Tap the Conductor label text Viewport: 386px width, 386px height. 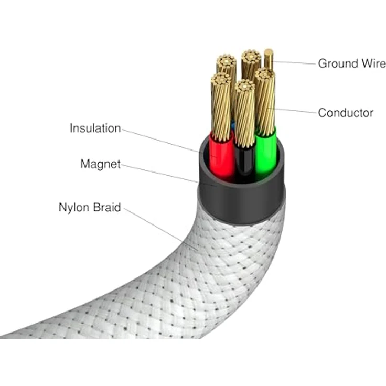(346, 113)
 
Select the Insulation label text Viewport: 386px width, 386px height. (95, 128)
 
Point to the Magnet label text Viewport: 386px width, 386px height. (100, 164)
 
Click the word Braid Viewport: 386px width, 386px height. (108, 207)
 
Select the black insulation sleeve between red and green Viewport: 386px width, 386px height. (244, 163)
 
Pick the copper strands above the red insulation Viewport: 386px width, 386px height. (222, 105)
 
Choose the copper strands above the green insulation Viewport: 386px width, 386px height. (265, 102)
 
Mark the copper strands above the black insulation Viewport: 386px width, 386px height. (244, 113)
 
